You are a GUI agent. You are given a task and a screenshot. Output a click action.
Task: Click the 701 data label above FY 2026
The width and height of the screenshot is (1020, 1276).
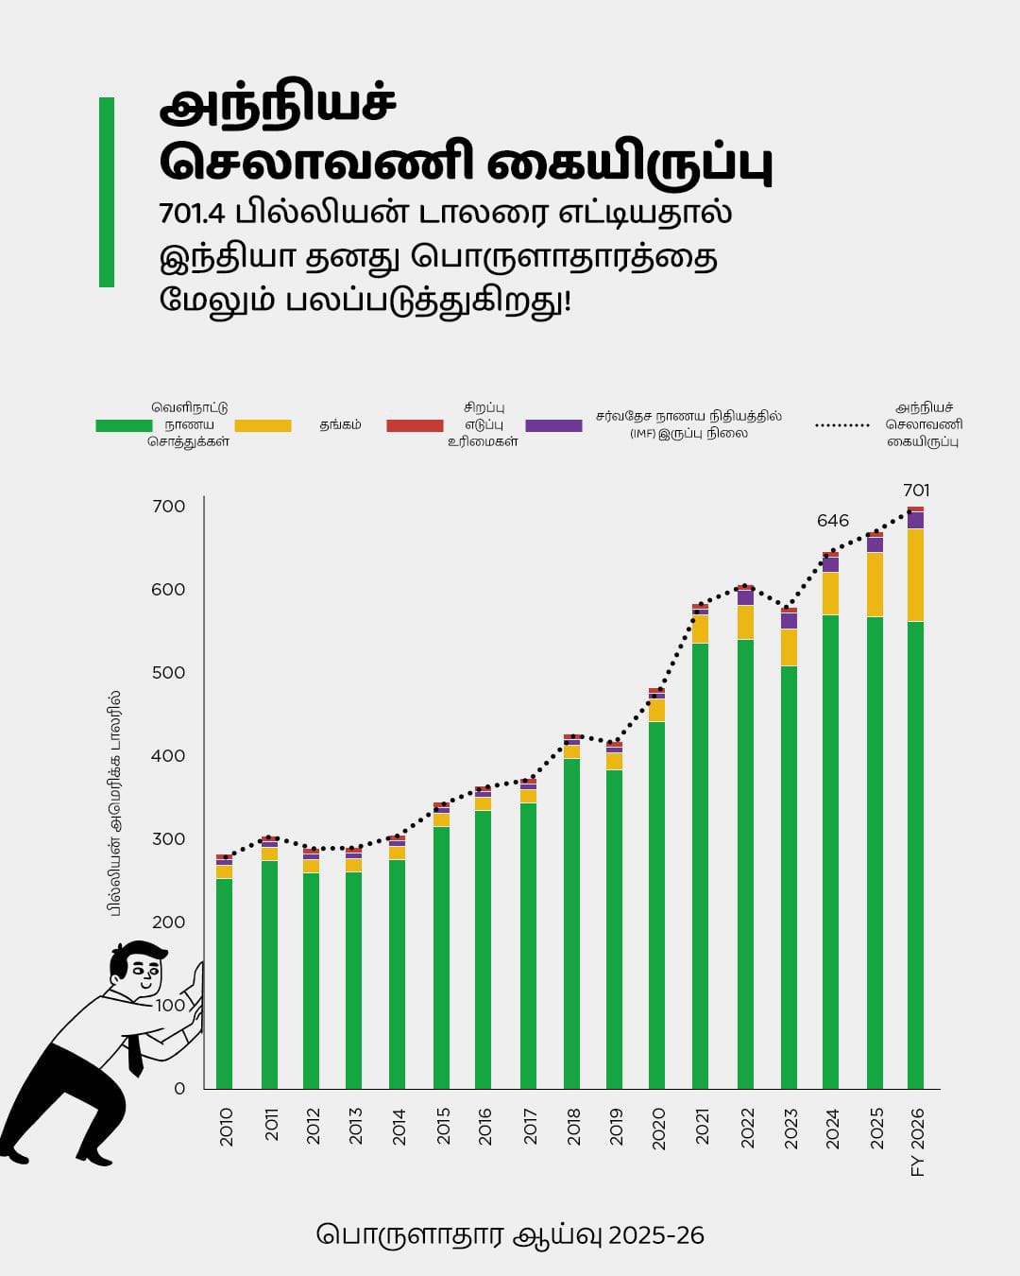(916, 491)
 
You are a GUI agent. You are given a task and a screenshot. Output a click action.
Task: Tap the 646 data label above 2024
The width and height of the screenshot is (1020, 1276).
(833, 521)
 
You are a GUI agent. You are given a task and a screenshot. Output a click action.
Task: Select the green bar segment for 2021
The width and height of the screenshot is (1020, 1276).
(700, 865)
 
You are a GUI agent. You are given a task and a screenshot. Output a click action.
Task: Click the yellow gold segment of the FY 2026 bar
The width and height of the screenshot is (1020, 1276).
(915, 575)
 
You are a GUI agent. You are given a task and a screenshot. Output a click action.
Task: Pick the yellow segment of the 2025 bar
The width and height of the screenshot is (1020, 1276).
(875, 584)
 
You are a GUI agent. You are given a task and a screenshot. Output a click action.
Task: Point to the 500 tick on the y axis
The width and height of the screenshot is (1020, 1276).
(169, 673)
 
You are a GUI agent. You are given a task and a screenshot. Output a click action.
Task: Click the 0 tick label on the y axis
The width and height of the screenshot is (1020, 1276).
(179, 1089)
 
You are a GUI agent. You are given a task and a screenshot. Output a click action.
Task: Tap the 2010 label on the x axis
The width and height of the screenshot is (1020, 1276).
(227, 1127)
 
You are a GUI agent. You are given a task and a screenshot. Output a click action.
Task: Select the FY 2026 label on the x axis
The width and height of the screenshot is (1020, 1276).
(917, 1142)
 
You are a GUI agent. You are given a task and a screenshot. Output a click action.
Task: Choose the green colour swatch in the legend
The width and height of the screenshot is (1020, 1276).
(124, 426)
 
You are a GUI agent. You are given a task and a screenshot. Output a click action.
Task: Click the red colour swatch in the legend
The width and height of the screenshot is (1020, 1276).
(415, 426)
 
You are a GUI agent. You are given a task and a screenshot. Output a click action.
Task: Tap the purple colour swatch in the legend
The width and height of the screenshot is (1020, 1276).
(553, 426)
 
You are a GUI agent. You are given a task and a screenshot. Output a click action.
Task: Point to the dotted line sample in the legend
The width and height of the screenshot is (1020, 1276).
(841, 426)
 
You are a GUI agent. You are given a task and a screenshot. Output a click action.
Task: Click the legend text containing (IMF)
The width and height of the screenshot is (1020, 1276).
(688, 433)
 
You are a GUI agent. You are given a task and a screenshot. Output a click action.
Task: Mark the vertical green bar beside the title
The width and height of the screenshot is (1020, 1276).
(107, 192)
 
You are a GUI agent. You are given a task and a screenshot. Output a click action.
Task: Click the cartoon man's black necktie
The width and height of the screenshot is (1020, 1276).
(135, 1054)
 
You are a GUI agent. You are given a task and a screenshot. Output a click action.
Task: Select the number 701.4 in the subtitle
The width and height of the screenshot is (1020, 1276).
(192, 213)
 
